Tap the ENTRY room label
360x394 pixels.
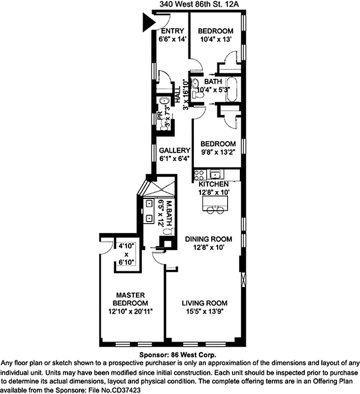click(172, 31)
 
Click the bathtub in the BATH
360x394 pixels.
click(232, 90)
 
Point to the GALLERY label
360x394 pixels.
click(174, 150)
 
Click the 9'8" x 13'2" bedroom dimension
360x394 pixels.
click(218, 152)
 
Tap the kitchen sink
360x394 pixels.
click(215, 174)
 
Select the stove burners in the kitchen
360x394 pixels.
click(199, 174)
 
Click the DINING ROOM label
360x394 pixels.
click(208, 239)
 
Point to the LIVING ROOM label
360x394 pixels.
click(204, 303)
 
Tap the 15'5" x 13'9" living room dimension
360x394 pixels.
click(204, 311)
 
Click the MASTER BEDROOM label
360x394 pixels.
click(130, 298)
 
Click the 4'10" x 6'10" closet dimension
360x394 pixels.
click(126, 255)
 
